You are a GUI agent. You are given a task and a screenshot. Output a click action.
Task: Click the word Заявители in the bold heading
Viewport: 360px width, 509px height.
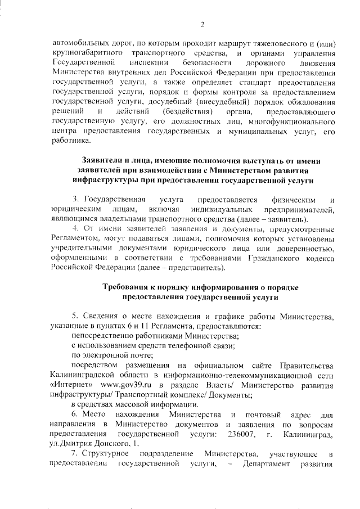[105, 160]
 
